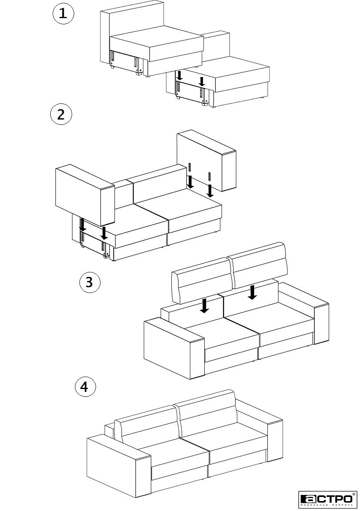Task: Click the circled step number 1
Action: [x=63, y=14]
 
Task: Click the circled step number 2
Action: [x=61, y=115]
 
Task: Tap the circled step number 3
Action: [x=90, y=282]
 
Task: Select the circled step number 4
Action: [x=85, y=387]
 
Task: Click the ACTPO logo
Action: [x=327, y=499]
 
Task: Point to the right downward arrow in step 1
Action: [x=201, y=80]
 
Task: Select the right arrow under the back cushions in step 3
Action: [x=253, y=292]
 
